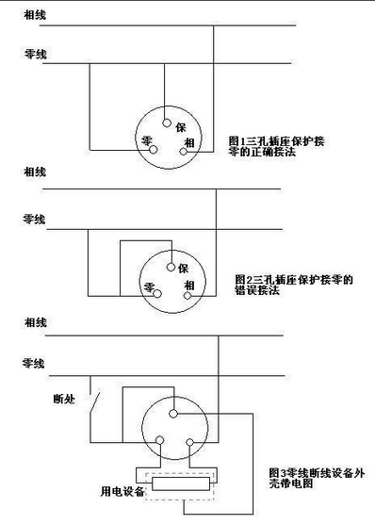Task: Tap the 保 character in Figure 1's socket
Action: [182, 125]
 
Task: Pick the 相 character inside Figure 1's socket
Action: [189, 142]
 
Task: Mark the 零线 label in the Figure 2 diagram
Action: [34, 219]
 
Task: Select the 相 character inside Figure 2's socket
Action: [189, 285]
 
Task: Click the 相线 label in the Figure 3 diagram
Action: [34, 324]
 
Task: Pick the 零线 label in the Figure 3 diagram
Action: [34, 362]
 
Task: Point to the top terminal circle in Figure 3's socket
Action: [174, 414]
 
